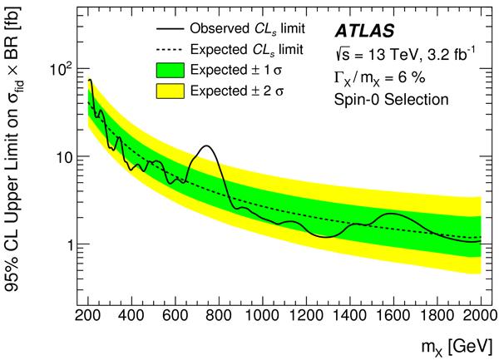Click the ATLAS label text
click(x=368, y=31)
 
